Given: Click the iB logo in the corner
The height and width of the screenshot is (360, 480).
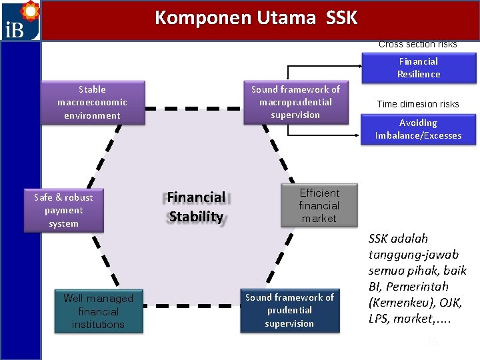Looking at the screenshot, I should tap(20, 21).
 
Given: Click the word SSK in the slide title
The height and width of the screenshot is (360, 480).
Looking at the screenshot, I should tap(342, 17).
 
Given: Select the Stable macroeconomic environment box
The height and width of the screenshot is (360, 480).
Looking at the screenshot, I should tap(92, 102).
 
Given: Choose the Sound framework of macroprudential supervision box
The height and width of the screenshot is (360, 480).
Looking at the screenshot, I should tap(295, 102).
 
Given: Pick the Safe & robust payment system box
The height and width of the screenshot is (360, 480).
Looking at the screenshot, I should tap(64, 210).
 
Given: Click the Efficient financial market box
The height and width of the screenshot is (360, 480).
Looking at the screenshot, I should tap(319, 205).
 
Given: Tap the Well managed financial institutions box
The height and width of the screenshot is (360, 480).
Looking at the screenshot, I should tap(99, 311).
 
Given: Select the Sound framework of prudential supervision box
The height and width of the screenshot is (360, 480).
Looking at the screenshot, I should tap(289, 310).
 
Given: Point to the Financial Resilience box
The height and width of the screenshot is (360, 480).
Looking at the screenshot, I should tap(419, 67).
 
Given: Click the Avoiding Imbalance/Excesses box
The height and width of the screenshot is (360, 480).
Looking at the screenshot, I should tap(418, 129).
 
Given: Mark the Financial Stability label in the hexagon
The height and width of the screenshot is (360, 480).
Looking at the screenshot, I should tap(196, 207).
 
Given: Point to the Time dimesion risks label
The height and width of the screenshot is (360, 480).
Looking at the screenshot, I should tap(418, 104).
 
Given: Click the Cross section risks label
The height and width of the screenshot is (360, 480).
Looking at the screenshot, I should tap(418, 44).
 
